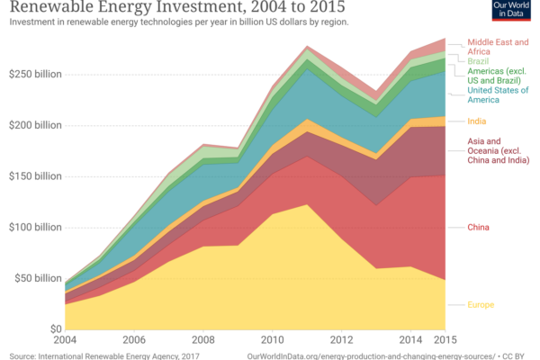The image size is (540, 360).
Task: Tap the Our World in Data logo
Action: pos(513,12)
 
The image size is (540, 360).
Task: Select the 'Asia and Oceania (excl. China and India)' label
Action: pos(499,150)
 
